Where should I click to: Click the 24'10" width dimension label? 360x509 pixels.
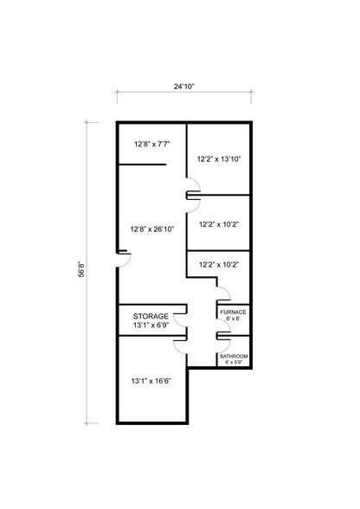183,87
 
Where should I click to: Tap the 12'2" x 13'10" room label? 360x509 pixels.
219,159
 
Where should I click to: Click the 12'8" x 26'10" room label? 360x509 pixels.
151,229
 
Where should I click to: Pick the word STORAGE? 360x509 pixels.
151,317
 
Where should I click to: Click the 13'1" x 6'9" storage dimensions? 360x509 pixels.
151,326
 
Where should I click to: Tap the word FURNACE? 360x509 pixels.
234,312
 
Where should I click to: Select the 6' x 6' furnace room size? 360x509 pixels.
234,319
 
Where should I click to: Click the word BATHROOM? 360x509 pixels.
234,357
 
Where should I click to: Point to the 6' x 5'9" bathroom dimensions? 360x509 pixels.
234,364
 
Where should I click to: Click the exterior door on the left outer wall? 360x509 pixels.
123,256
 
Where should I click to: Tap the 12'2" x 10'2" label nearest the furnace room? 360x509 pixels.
219,266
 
